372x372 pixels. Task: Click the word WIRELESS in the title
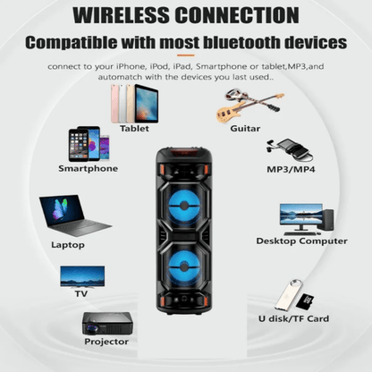[x=122, y=15]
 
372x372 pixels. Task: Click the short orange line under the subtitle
[x=186, y=55]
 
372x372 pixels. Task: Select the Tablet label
[x=134, y=129]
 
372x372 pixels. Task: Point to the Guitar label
[x=245, y=129]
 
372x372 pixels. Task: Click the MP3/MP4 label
[x=291, y=169]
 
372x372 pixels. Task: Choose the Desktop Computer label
[x=301, y=241]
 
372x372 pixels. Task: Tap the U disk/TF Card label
[x=293, y=318]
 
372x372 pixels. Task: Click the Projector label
[x=106, y=342]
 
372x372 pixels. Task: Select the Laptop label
[x=68, y=245]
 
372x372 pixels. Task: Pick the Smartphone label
[x=88, y=168]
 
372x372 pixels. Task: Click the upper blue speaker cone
[x=184, y=206]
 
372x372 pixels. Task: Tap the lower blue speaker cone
[x=184, y=266]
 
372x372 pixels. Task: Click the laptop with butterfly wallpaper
[x=74, y=216]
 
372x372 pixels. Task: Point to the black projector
[x=107, y=324]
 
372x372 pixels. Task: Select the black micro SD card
[x=305, y=301]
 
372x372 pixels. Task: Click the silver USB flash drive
[x=288, y=294]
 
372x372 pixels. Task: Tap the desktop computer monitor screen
[x=301, y=214]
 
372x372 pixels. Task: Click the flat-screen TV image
[x=82, y=277]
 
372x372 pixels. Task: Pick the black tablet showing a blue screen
[x=146, y=104]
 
